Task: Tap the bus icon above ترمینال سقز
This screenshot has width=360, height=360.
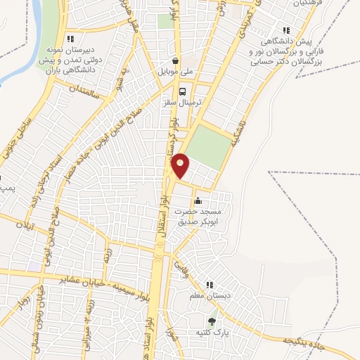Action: (x=183, y=91)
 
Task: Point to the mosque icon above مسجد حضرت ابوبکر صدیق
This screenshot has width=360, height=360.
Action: (x=198, y=200)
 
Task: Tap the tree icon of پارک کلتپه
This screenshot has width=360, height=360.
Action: (x=212, y=321)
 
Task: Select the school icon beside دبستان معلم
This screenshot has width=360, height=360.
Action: (x=209, y=285)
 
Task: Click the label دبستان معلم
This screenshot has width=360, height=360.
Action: (x=211, y=296)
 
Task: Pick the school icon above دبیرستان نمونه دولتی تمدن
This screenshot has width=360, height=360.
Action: (x=69, y=39)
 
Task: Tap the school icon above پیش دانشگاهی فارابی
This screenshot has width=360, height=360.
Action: (x=285, y=30)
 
